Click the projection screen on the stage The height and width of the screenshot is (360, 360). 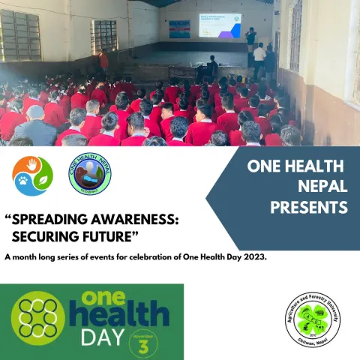220,25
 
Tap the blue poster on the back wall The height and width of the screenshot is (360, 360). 179,29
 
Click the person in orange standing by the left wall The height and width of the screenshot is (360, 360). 103,61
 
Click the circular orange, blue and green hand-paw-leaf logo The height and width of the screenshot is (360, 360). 32,175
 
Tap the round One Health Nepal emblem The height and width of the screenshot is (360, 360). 89,175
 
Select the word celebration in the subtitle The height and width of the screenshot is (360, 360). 153,258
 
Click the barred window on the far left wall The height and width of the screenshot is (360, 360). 20,35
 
